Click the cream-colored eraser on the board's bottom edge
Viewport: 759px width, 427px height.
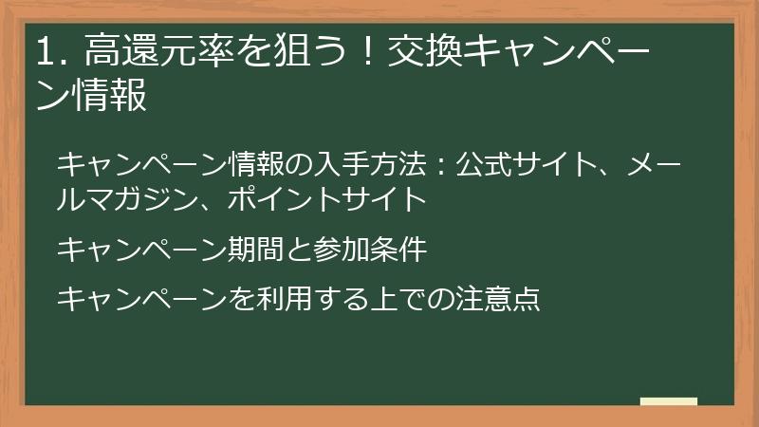669,402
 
